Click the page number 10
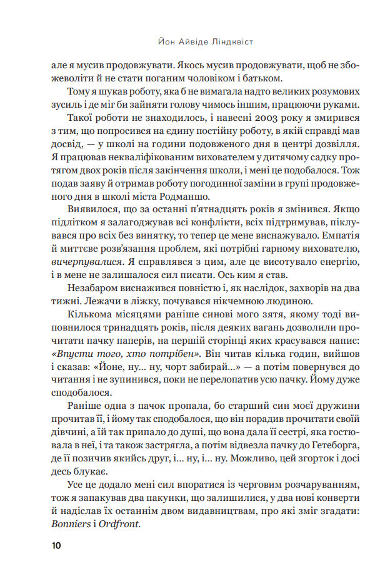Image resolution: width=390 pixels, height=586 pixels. [x=56, y=546]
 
